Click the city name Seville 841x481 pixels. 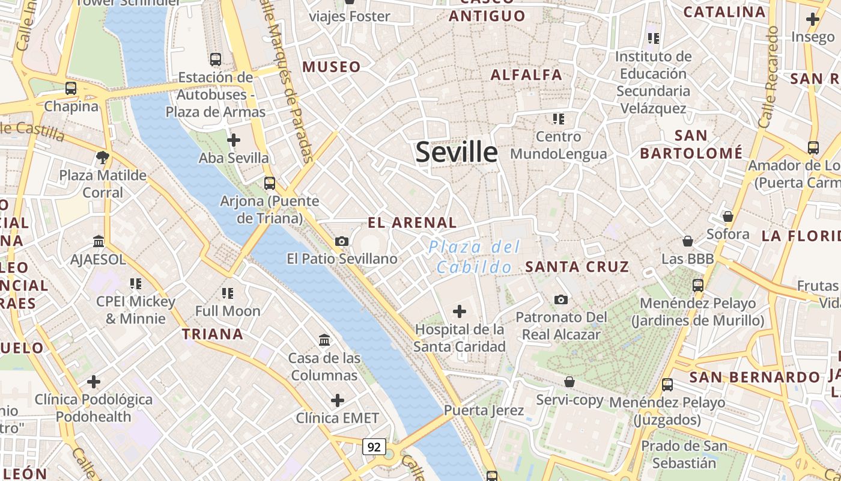(x=457, y=152)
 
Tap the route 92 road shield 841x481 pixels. (x=374, y=447)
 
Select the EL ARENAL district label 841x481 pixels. (x=412, y=222)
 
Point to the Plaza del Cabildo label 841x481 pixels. (x=475, y=257)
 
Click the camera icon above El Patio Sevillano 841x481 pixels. (x=342, y=241)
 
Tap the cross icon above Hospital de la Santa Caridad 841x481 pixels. (x=460, y=311)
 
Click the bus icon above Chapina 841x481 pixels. (x=71, y=88)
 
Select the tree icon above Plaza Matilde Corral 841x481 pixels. (x=102, y=158)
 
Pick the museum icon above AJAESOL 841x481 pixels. (x=99, y=242)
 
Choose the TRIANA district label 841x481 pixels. (x=213, y=334)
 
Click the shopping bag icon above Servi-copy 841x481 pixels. (x=569, y=382)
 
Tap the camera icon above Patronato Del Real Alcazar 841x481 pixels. (x=560, y=299)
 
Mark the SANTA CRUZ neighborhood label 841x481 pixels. (x=577, y=266)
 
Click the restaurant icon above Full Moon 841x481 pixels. (x=227, y=293)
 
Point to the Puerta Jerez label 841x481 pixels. (x=484, y=411)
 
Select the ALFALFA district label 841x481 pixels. (x=526, y=75)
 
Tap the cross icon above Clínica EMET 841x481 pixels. (x=338, y=400)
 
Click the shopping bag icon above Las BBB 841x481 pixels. (x=688, y=241)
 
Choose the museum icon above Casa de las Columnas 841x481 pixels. (x=324, y=340)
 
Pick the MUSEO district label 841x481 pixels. (x=332, y=67)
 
